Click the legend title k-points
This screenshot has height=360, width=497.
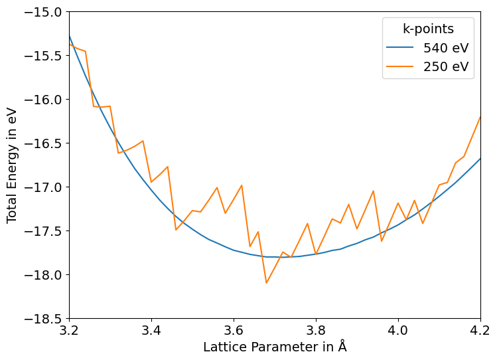click(x=428, y=29)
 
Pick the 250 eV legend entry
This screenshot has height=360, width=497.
click(x=445, y=66)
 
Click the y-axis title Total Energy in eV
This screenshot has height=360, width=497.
click(x=12, y=165)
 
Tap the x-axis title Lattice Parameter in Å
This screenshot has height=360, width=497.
click(x=275, y=347)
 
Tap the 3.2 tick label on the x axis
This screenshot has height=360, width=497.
click(x=69, y=330)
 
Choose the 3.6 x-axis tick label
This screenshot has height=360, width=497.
click(x=234, y=330)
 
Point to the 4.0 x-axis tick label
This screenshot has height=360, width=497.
click(x=398, y=330)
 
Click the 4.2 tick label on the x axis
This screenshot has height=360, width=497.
click(x=480, y=330)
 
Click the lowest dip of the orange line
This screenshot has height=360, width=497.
click(x=267, y=283)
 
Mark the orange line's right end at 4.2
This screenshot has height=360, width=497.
click(x=480, y=117)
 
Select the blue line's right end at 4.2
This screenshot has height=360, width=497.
click(x=480, y=159)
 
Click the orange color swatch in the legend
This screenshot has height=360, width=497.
click(x=400, y=66)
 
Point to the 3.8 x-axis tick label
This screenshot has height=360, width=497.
click(x=316, y=330)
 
